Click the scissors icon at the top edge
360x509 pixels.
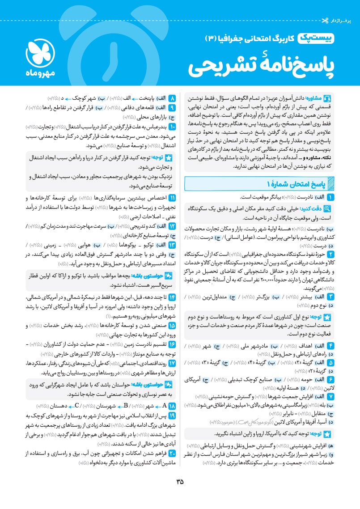pyautogui.click(x=351, y=8)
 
